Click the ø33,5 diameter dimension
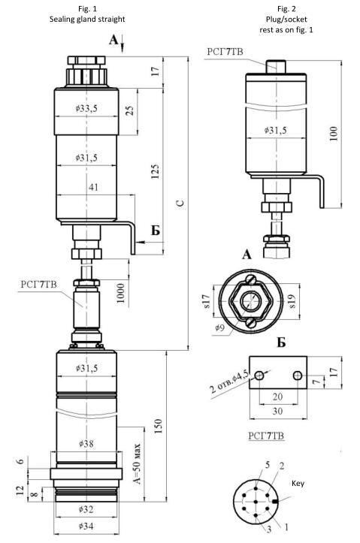point(86,108)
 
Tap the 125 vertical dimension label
point(156,172)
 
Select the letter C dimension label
point(180,203)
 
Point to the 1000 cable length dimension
point(120,293)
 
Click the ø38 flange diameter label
point(86,443)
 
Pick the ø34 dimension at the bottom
point(86,526)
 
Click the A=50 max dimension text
point(138,463)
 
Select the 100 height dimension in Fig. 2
point(333,134)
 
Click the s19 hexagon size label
point(292,301)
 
